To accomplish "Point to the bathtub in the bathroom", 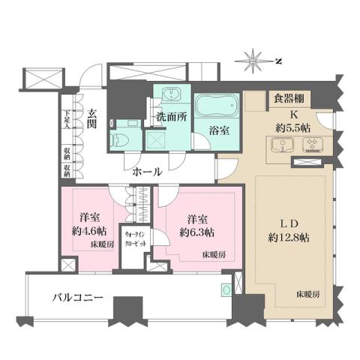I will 215,106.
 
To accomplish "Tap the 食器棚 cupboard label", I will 287,97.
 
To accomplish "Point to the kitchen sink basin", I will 277,145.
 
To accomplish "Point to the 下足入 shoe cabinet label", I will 67,120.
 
